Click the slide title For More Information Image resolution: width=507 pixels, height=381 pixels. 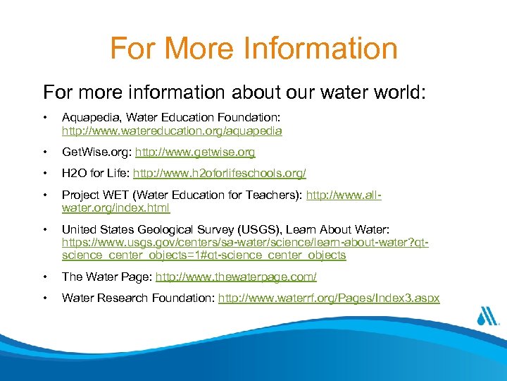pos(254,49)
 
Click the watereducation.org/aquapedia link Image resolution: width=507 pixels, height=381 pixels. pos(172,131)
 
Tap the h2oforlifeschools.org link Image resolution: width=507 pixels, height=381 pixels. pos(220,173)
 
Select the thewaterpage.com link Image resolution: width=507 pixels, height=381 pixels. pos(236,277)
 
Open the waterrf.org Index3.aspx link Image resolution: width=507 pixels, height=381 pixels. pos(329,298)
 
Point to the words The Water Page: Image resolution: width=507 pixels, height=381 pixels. pos(106,277)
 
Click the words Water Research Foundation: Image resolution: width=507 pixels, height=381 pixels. pos(138,298)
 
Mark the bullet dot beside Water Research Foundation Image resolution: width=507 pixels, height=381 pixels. pos(45,298)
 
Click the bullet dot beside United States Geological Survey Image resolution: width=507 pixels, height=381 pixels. pos(45,229)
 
